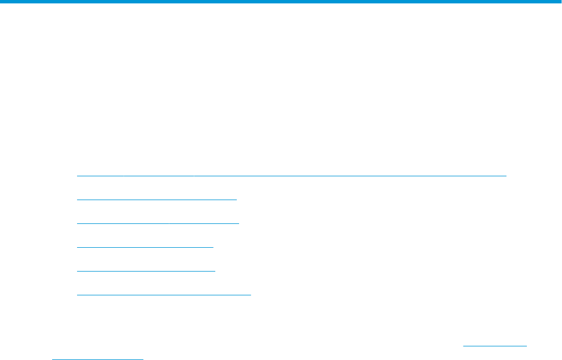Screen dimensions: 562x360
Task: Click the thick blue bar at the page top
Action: (x=281, y=2)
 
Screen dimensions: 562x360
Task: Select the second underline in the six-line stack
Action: (x=156, y=199)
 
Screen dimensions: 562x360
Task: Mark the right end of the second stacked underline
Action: (x=236, y=199)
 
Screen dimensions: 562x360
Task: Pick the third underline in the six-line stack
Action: (x=158, y=223)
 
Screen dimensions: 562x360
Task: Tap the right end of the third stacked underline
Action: (x=239, y=223)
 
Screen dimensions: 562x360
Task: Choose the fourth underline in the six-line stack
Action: (x=145, y=247)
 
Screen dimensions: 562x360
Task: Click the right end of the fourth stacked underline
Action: (x=213, y=247)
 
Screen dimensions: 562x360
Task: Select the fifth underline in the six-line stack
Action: (x=146, y=270)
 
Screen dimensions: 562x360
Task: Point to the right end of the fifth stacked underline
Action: (x=215, y=270)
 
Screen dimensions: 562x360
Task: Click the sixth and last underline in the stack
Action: (x=164, y=294)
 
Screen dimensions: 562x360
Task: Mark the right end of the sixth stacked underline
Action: (x=250, y=294)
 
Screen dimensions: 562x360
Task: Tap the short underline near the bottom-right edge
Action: (x=495, y=345)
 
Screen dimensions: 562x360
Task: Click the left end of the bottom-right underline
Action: (x=464, y=345)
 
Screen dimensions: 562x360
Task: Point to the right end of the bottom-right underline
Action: (x=526, y=345)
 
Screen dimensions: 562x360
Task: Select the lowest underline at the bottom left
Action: (x=97, y=358)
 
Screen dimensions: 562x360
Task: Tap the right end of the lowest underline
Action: (x=143, y=358)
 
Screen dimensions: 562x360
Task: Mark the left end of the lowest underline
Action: (x=52, y=358)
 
